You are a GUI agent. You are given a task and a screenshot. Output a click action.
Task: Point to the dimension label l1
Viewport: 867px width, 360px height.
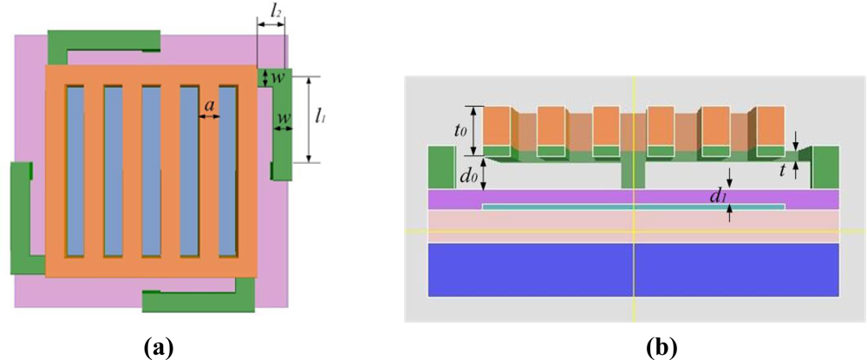[x=321, y=115]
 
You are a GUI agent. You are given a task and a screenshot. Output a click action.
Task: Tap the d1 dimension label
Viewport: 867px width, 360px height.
[x=717, y=197]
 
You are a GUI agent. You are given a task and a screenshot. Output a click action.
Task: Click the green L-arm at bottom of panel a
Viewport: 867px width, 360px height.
[x=199, y=303]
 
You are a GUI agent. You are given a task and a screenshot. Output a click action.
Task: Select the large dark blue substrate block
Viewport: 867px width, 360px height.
[x=634, y=269]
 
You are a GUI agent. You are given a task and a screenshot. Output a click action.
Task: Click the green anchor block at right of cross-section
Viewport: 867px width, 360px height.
[x=825, y=167]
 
